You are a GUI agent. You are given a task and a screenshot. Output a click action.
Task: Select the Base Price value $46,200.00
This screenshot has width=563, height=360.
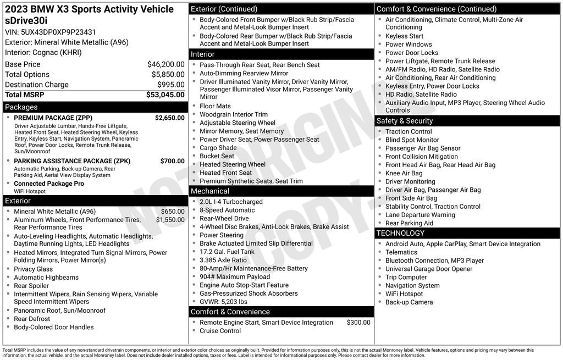pyautogui.click(x=165, y=64)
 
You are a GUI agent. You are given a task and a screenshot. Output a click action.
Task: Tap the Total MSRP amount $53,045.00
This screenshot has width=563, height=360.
pyautogui.click(x=165, y=95)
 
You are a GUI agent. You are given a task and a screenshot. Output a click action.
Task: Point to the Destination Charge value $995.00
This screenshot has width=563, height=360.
pyautogui.click(x=170, y=85)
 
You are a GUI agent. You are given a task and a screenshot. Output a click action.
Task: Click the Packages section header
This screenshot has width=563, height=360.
pyautogui.click(x=21, y=107)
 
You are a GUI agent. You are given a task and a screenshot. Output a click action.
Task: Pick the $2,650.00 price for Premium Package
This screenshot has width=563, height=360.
pyautogui.click(x=169, y=118)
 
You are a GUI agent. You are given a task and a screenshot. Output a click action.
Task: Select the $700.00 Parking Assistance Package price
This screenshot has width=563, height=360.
pyautogui.click(x=172, y=161)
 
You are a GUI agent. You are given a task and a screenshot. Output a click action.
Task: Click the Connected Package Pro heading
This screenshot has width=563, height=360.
pyautogui.click(x=49, y=184)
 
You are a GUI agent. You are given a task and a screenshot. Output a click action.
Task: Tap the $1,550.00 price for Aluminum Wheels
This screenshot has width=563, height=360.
pyautogui.click(x=170, y=220)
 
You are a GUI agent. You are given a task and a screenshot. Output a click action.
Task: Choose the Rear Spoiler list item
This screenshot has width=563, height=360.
pyautogui.click(x=31, y=286)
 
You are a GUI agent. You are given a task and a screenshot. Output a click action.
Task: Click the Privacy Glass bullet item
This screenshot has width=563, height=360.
pyautogui.click(x=34, y=269)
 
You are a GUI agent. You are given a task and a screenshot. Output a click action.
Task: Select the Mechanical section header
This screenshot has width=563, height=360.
pyautogui.click(x=210, y=191)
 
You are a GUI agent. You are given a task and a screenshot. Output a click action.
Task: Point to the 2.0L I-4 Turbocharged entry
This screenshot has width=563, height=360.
pyautogui.click(x=231, y=202)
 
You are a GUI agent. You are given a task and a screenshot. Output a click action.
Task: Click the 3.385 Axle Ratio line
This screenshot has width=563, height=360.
pyautogui.click(x=223, y=260)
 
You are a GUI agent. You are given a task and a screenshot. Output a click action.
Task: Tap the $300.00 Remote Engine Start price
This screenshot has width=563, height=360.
pyautogui.click(x=358, y=323)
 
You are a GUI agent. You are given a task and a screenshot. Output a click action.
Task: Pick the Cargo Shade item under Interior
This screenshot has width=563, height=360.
pyautogui.click(x=218, y=148)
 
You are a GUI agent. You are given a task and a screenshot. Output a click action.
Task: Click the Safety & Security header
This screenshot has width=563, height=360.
pyautogui.click(x=405, y=121)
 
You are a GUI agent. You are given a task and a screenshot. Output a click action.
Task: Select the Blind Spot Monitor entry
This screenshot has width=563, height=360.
pyautogui.click(x=412, y=140)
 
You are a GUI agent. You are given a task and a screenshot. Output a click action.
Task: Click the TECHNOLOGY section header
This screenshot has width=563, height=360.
pyautogui.click(x=400, y=233)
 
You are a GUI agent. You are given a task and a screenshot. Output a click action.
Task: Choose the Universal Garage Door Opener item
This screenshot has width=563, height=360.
pyautogui.click(x=429, y=269)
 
